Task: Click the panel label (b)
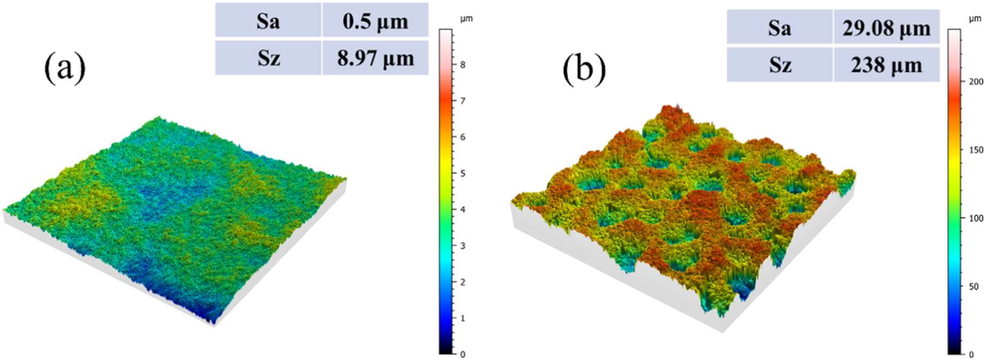[x=584, y=70]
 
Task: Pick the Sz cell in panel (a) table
[x=268, y=57]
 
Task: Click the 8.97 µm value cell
[x=375, y=57]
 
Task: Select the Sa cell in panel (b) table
[x=779, y=27]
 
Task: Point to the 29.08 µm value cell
[x=886, y=27]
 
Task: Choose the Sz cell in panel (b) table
[x=779, y=64]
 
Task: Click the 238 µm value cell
[x=886, y=64]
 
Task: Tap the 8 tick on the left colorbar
[x=463, y=65]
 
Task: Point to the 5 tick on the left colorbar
[x=463, y=173]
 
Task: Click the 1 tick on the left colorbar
[x=463, y=318]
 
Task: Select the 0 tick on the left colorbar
[x=463, y=354]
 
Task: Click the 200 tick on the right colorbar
[x=976, y=82]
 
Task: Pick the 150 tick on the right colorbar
[x=976, y=150]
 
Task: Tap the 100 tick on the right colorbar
[x=976, y=218]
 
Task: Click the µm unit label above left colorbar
[x=466, y=19]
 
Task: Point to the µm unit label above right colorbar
[x=974, y=19]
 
